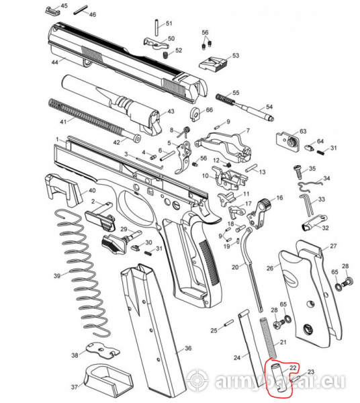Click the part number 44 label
[x=55, y=62]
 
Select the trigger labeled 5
[x=183, y=156]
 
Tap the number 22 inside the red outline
[x=293, y=368]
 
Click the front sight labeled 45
[x=52, y=11]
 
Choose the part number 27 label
[x=333, y=246]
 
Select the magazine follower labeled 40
[x=64, y=189]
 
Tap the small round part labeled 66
[x=195, y=113]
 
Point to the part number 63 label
[x=303, y=132]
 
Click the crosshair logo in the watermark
[x=197, y=380]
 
